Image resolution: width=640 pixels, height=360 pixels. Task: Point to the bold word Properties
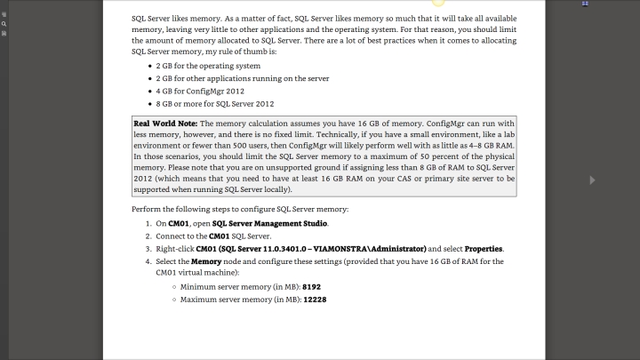coord(484,249)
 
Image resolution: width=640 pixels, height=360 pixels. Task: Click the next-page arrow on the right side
coord(592,180)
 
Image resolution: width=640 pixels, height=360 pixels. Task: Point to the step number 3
coord(147,249)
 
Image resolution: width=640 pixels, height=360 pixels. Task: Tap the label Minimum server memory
coord(240,288)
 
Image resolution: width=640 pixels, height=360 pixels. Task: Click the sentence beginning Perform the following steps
coord(240,209)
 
